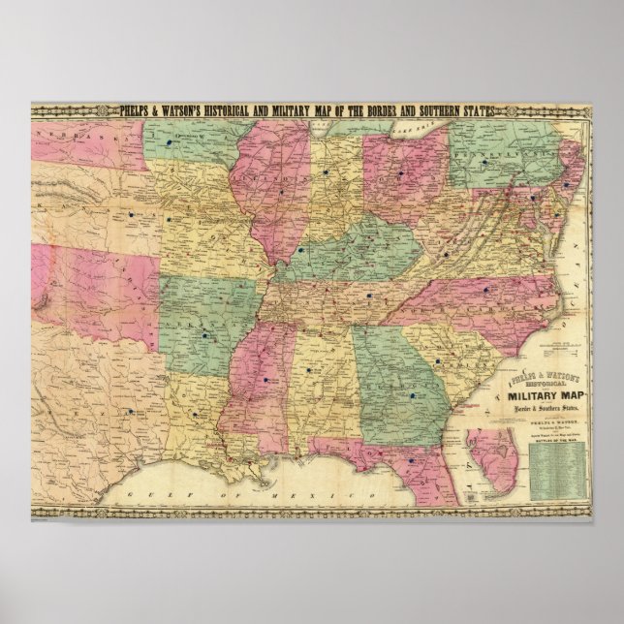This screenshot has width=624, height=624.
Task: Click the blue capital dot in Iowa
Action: tap(171, 140)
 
